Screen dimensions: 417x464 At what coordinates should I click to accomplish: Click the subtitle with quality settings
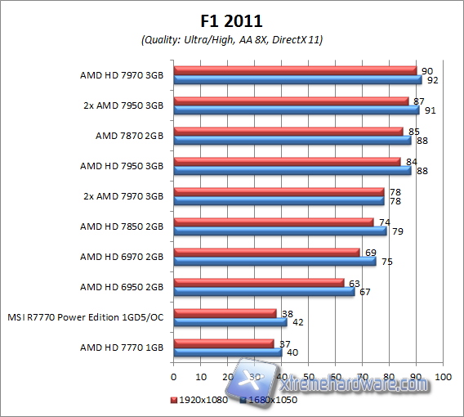click(231, 39)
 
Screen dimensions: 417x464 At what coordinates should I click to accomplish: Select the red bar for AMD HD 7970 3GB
click(295, 71)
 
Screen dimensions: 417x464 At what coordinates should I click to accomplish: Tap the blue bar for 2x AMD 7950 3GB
click(296, 110)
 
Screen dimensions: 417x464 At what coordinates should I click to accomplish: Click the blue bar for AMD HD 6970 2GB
click(274, 262)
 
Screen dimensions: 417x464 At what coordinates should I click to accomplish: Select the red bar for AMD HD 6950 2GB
click(258, 283)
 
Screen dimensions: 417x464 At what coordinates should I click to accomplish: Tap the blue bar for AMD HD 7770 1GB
click(228, 352)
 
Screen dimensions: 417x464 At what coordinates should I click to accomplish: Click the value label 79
click(398, 231)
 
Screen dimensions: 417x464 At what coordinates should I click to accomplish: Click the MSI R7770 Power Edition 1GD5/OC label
click(86, 317)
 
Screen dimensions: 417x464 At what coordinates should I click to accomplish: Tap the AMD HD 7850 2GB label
click(122, 226)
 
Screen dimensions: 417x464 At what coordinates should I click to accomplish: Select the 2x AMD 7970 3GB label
click(122, 196)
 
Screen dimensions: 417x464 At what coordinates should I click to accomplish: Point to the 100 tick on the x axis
click(444, 377)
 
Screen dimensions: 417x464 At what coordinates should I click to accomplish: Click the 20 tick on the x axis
click(228, 377)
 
